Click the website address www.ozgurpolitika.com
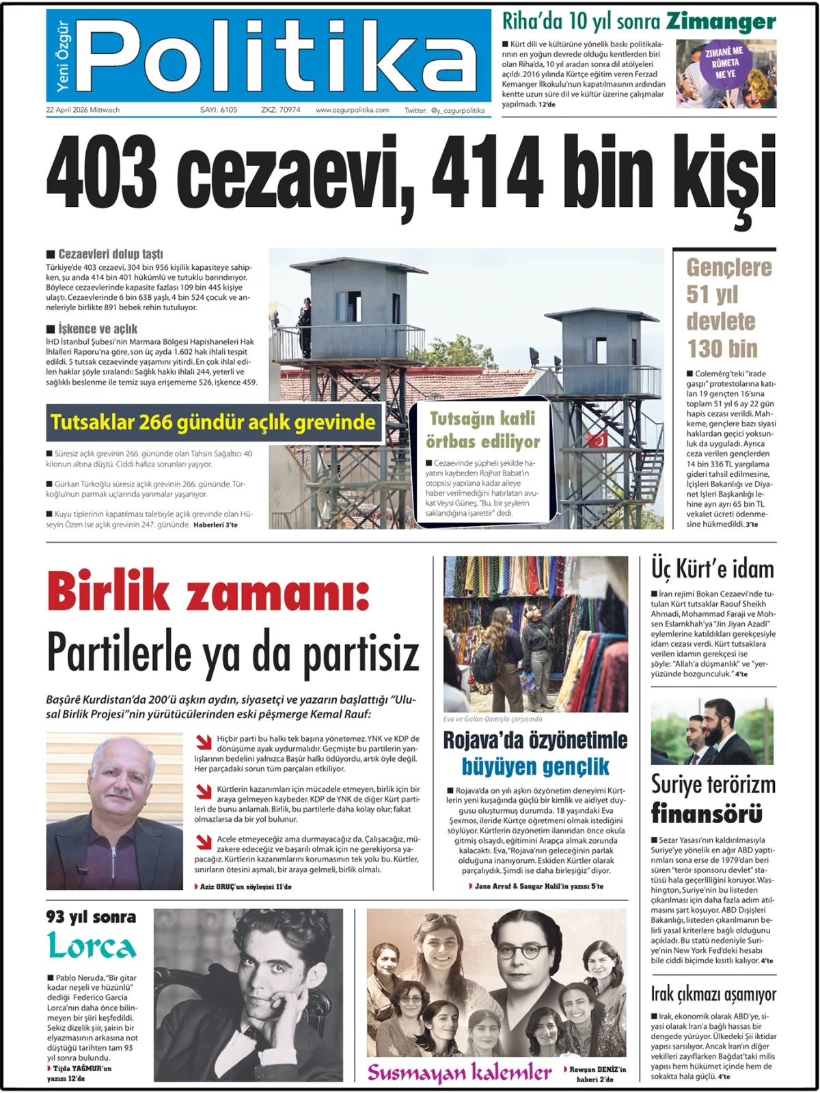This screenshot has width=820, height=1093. click(x=352, y=110)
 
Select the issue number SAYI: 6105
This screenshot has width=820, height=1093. click(x=219, y=110)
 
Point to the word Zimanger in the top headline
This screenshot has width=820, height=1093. click(x=721, y=22)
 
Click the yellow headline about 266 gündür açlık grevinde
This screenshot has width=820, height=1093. click(x=213, y=422)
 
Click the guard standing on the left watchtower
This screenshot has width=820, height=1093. click(x=304, y=318)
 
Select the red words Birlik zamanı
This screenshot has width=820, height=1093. click(x=208, y=592)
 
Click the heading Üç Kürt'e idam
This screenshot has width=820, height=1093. click(x=712, y=569)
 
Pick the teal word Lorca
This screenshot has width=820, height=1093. click(x=92, y=947)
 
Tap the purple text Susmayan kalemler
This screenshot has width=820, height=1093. click(x=459, y=1073)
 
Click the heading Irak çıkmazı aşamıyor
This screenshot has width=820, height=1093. click(x=713, y=994)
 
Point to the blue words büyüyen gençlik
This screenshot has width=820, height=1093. click(x=535, y=766)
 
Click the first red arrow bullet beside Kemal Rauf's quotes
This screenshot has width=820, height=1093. click(x=204, y=742)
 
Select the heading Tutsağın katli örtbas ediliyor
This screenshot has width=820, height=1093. click(x=482, y=430)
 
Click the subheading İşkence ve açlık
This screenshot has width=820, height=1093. click(x=97, y=329)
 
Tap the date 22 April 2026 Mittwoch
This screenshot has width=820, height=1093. click(x=83, y=110)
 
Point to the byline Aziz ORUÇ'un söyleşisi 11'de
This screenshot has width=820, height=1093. click(x=245, y=887)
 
